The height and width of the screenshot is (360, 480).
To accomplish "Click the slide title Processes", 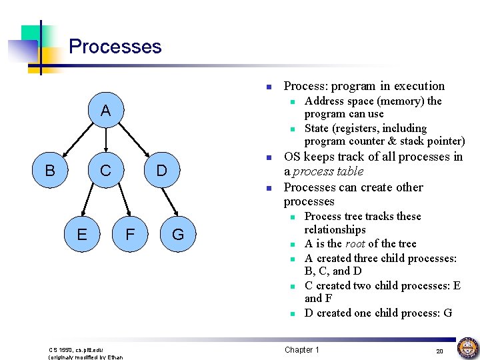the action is (115, 47).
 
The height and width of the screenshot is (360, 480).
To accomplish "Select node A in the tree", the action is (105, 111).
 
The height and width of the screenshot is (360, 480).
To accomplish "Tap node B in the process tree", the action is (49, 171).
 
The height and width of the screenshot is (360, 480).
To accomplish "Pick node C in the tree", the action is (105, 171).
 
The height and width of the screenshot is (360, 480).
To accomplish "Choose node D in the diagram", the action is (161, 171).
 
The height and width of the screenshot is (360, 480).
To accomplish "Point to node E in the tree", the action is (81, 234).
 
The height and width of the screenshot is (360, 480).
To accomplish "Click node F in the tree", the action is (131, 234).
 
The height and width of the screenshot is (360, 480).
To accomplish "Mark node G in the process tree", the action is (178, 234).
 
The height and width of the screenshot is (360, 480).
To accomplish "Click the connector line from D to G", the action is (169, 203).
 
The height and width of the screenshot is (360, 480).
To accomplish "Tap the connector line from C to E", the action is (93, 203).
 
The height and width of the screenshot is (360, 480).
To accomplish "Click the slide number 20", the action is (439, 351).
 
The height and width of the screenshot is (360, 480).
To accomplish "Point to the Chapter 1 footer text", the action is (302, 350).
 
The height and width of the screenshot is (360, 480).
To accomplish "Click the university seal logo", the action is (467, 347).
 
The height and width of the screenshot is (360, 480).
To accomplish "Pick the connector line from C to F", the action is (119, 203).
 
